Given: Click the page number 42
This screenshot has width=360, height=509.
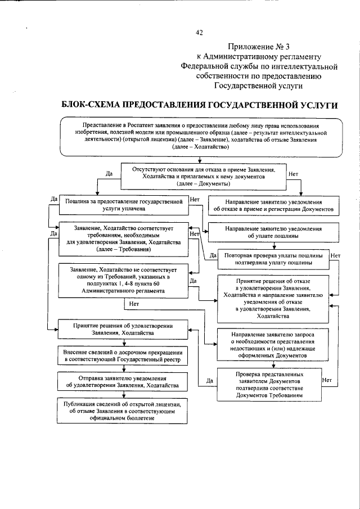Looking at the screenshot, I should [x=199, y=33].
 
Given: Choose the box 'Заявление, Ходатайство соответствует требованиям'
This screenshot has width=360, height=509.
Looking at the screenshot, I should [x=123, y=237].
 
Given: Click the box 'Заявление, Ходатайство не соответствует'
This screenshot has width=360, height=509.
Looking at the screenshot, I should [x=123, y=280].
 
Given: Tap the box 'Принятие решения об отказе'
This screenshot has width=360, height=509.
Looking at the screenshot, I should [x=273, y=298].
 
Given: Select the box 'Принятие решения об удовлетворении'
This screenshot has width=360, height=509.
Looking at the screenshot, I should [x=123, y=329].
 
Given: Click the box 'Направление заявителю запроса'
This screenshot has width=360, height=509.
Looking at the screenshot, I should [x=273, y=345].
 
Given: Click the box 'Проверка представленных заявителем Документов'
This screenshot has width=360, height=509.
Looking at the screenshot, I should [x=269, y=384].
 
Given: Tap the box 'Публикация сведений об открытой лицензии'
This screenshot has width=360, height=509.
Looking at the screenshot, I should [x=123, y=411].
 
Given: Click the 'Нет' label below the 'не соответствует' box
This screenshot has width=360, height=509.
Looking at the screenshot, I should [x=134, y=304].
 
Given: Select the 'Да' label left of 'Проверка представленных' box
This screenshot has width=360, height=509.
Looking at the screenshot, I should [x=209, y=381].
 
